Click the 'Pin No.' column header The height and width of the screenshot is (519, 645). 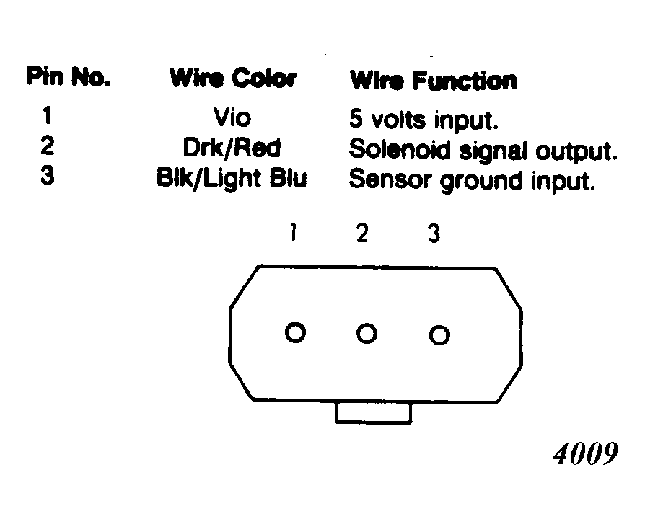(x=69, y=77)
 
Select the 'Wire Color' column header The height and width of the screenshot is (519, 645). (x=233, y=78)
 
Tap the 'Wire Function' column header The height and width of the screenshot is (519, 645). (x=433, y=80)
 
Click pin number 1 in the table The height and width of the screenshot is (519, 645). (x=47, y=115)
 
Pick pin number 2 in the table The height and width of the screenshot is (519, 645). (x=48, y=146)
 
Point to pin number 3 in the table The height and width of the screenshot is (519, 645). (x=48, y=175)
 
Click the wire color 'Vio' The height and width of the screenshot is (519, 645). (x=232, y=117)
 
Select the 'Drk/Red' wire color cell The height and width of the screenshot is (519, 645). (x=232, y=148)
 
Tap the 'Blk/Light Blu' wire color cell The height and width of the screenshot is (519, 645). (x=232, y=179)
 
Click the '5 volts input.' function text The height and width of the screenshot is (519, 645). (x=424, y=120)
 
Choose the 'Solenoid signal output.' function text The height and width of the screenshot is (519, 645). (x=483, y=151)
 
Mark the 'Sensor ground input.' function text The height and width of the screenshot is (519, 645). (x=472, y=181)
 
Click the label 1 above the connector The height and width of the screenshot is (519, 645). (x=294, y=232)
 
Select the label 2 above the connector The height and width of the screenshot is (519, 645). (x=362, y=233)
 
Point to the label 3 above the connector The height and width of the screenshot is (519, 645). (x=434, y=234)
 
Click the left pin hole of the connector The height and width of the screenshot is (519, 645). (x=295, y=322)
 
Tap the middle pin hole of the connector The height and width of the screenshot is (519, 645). (x=367, y=324)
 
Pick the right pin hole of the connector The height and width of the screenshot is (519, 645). (x=439, y=325)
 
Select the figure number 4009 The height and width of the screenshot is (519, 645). (x=585, y=453)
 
